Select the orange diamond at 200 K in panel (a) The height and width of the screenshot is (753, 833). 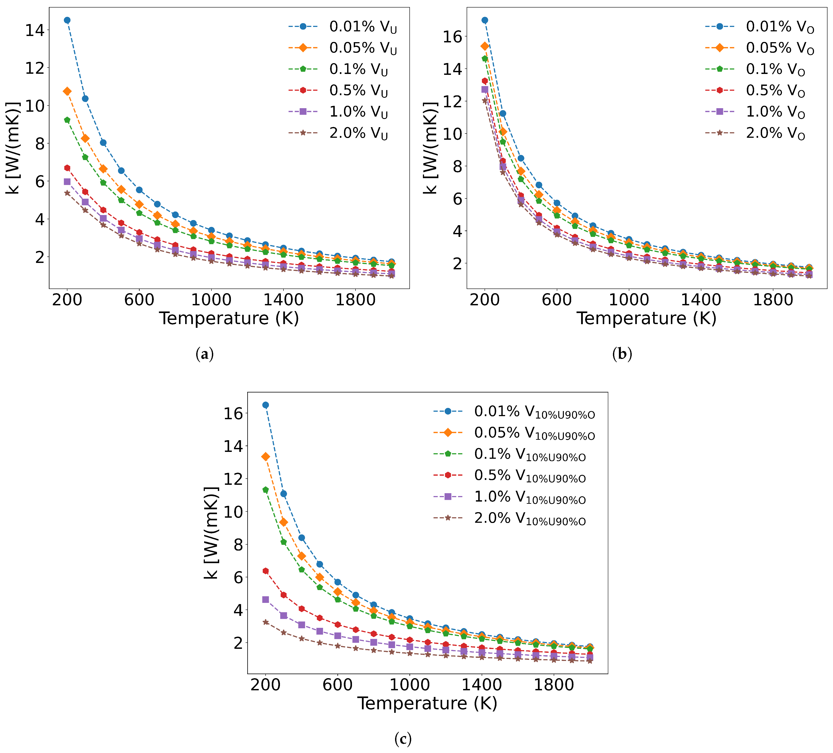67,91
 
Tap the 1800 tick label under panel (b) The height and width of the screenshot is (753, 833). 773,300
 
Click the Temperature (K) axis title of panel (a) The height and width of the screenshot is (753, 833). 229,318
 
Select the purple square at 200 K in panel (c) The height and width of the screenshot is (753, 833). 266,599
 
